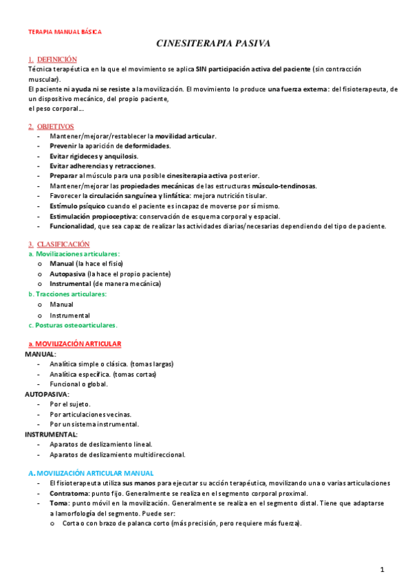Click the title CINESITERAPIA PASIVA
click(213, 44)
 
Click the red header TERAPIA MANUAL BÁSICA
click(64, 32)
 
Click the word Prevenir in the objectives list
click(63, 146)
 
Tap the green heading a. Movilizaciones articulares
click(74, 254)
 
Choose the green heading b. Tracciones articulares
click(67, 294)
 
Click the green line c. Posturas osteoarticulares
click(73, 324)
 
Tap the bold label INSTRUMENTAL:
click(51, 434)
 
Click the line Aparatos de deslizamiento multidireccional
click(117, 454)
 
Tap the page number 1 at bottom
click(382, 569)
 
